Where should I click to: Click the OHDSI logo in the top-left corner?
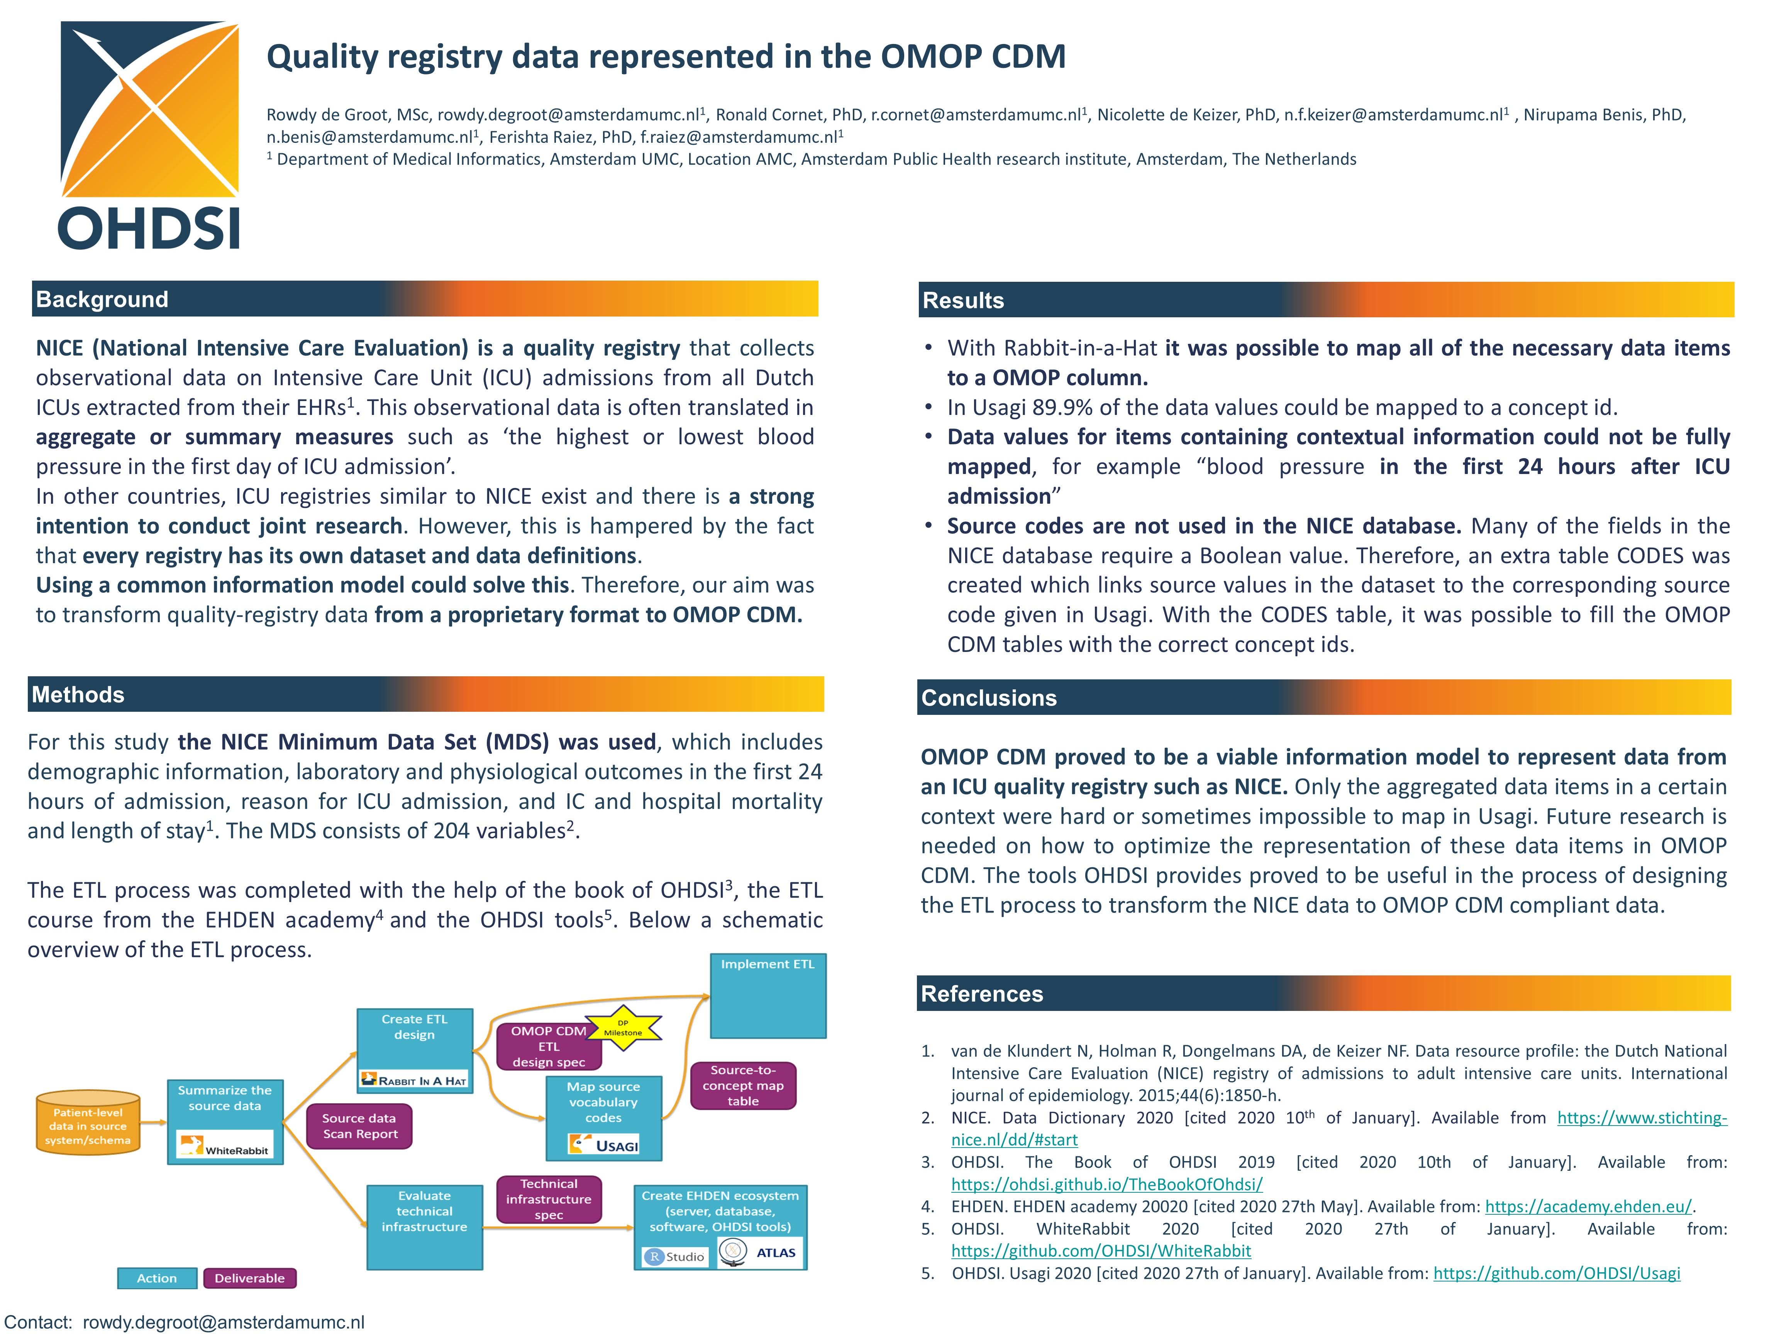click(x=149, y=135)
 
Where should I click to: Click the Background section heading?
click(x=102, y=299)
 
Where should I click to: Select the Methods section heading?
click(x=78, y=695)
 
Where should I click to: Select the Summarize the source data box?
click(x=225, y=1099)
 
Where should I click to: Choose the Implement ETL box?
click(x=768, y=995)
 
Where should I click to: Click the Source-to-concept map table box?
click(x=743, y=1085)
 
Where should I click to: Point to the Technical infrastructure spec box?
click(x=549, y=1199)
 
